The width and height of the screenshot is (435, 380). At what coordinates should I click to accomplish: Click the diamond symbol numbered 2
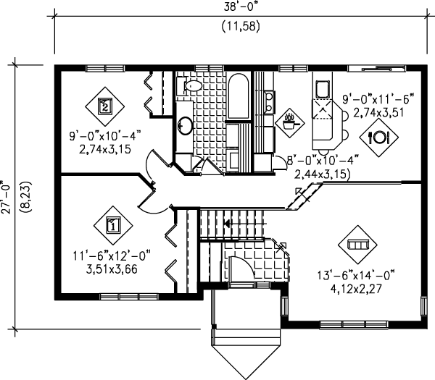105,106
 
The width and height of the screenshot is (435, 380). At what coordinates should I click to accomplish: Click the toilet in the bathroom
191,87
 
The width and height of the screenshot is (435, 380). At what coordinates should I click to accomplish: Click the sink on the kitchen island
321,89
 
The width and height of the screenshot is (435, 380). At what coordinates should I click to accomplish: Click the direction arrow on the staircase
228,224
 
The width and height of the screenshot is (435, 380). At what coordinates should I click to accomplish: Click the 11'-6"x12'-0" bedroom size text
112,256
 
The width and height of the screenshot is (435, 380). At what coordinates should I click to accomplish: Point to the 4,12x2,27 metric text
358,288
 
